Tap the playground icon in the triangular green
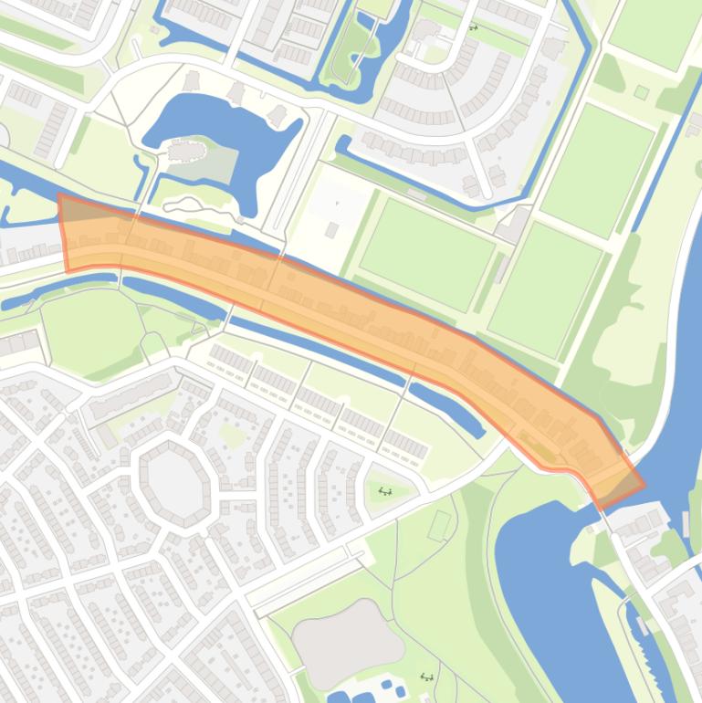(385, 491)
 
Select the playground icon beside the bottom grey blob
(425, 677)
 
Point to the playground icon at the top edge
(473, 27)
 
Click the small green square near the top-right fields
(642, 92)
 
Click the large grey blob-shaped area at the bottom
(347, 643)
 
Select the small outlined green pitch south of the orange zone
(440, 525)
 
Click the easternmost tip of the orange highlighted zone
(643, 485)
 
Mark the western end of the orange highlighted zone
(64, 233)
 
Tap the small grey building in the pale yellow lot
(332, 229)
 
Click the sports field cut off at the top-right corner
(653, 32)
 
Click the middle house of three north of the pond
(236, 92)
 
